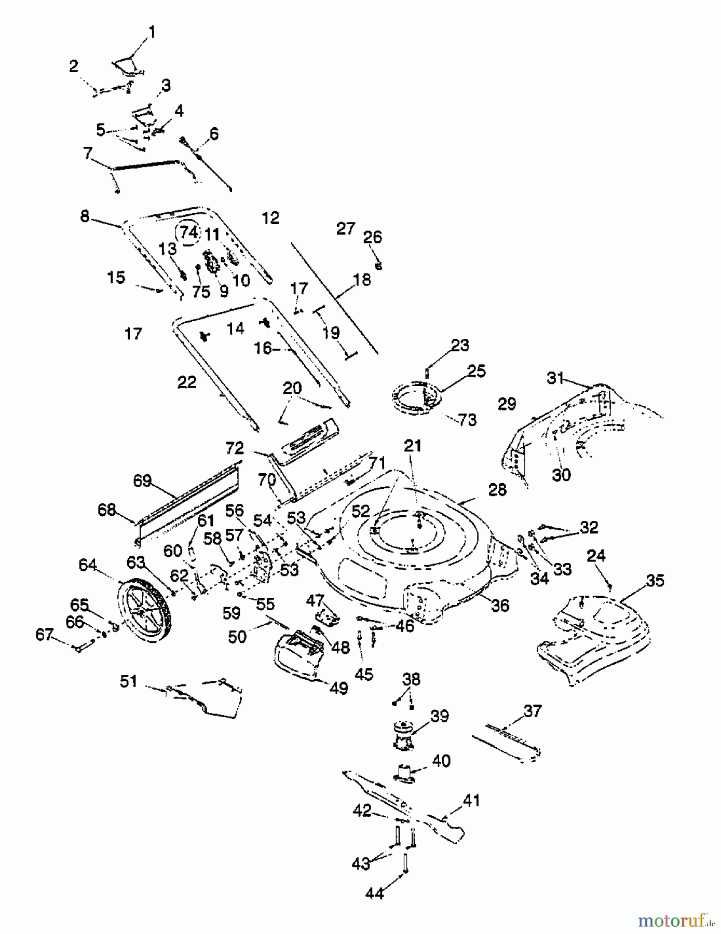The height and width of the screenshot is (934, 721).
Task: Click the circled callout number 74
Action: coord(188,232)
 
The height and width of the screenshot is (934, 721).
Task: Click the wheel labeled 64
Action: coord(143,608)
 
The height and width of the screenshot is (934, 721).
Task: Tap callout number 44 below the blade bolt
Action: coord(374,894)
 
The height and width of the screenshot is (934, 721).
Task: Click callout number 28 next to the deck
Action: coord(497,490)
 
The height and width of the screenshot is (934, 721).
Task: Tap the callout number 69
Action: coord(142,480)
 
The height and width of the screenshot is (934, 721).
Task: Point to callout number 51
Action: coord(129,681)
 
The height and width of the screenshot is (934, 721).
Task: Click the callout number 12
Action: coord(270,218)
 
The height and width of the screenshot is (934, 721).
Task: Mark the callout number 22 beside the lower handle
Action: coord(187,382)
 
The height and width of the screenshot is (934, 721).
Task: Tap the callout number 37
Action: coord(533,711)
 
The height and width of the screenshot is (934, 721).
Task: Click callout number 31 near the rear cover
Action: coord(555,378)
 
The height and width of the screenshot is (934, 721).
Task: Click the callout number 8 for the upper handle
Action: coord(85,216)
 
